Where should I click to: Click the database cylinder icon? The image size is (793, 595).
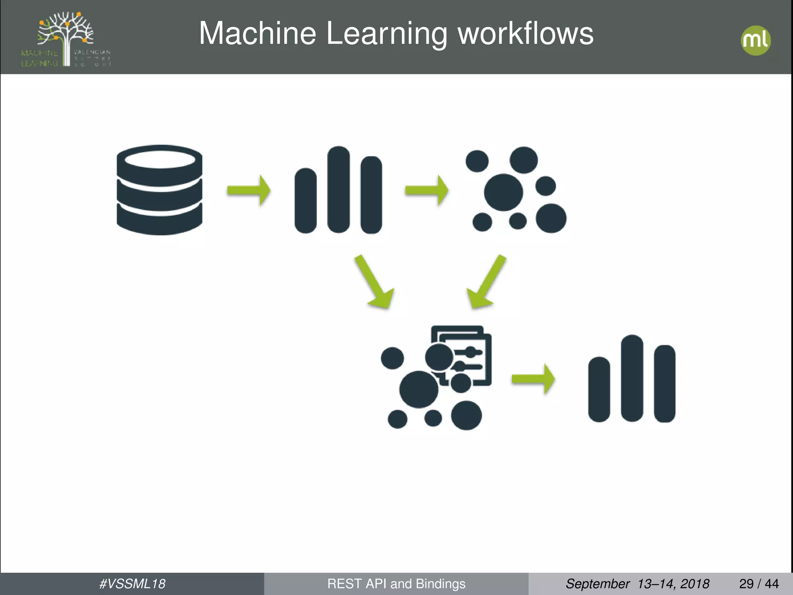pos(159,190)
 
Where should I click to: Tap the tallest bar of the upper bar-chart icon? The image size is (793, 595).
pos(338,190)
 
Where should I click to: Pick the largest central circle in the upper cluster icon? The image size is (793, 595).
pos(503,193)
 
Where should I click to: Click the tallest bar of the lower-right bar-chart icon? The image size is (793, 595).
pos(632,378)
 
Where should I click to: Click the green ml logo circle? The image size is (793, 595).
pos(755,40)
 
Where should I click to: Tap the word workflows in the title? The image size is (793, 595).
pos(525,34)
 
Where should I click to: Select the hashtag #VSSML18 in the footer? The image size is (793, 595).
pos(132,583)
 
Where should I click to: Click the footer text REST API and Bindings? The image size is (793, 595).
pos(396,583)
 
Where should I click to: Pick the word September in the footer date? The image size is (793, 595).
pos(597,583)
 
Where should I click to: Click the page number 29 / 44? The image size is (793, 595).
pos(759,583)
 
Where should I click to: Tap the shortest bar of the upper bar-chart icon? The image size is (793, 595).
pos(306,201)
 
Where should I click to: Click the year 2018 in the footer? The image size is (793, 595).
pos(695,583)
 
